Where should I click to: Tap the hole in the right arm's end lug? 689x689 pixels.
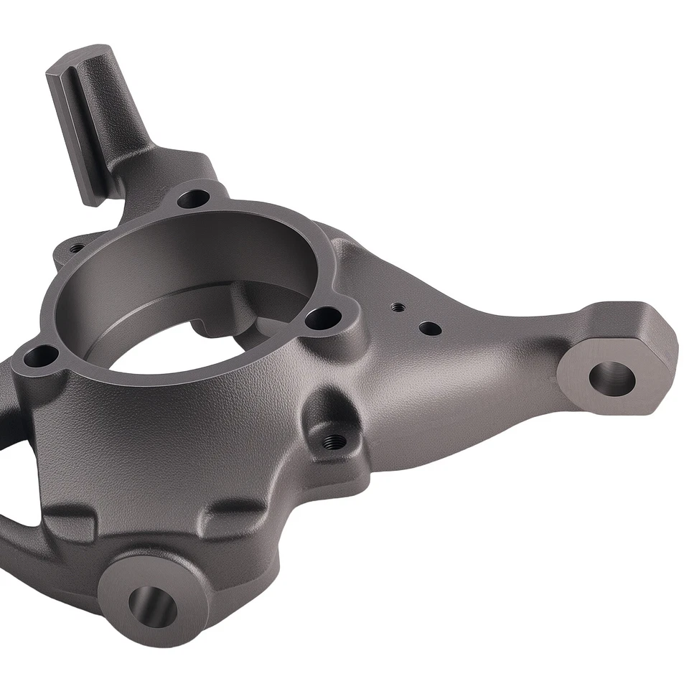click(x=612, y=376)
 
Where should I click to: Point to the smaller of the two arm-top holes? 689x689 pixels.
click(x=396, y=307)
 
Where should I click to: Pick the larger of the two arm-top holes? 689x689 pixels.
click(x=429, y=329)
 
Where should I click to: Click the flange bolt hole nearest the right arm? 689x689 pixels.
click(x=324, y=317)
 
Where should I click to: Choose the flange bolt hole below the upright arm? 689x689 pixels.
click(x=192, y=197)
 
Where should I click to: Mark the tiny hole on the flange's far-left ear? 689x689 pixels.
click(x=75, y=248)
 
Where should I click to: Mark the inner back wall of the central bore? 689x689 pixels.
click(x=194, y=251)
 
